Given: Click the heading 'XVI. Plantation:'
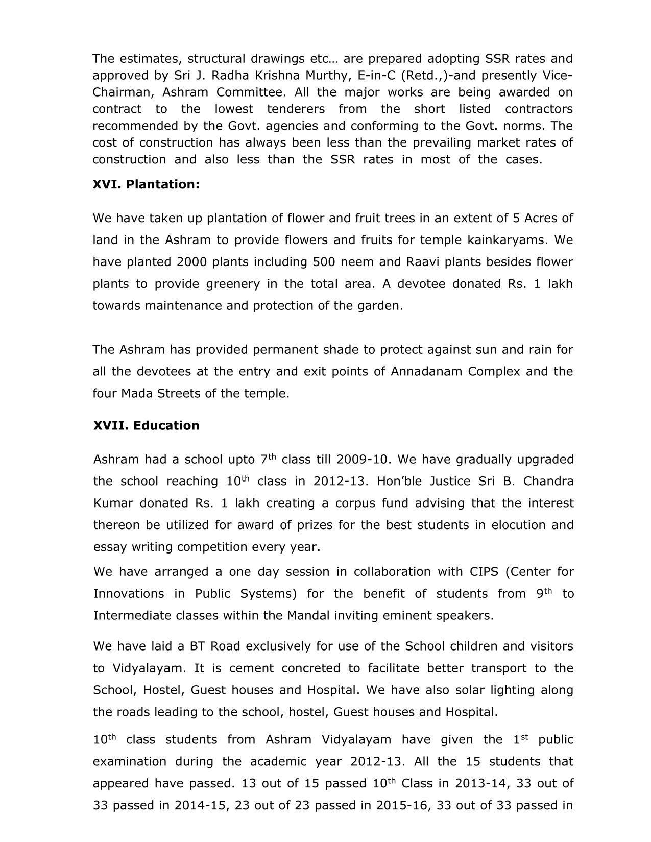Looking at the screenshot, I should [146, 184].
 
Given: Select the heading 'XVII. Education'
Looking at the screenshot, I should [147, 425].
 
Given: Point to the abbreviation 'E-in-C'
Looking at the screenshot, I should [377, 76].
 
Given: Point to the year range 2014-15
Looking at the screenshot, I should [201, 805].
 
